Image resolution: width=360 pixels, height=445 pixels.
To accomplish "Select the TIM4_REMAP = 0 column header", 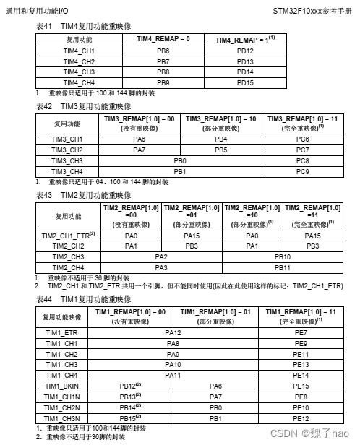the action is tap(163, 38).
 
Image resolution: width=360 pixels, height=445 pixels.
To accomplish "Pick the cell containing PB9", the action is tap(163, 82).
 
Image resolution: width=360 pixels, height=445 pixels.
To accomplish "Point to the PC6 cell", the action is tap(303, 138).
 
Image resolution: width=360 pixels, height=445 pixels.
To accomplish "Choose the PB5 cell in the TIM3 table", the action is tap(221, 149).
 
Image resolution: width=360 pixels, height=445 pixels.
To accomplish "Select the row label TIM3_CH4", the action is tap(67, 171).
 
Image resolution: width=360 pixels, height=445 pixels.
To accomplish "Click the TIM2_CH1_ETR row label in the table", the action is tap(69, 236).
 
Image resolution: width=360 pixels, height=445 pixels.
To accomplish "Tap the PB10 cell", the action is tap(283, 256).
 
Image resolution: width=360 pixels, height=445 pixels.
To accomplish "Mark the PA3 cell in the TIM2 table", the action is tap(161, 267).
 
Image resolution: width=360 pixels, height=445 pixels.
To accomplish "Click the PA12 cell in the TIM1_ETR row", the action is tap(173, 332).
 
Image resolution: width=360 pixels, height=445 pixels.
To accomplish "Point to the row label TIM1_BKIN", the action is tap(61, 386).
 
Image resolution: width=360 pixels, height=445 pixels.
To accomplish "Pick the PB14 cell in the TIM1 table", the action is tap(129, 407).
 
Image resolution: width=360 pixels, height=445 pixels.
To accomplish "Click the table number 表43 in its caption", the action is tap(45, 195).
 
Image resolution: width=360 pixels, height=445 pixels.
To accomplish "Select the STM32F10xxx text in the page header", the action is tap(296, 12).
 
